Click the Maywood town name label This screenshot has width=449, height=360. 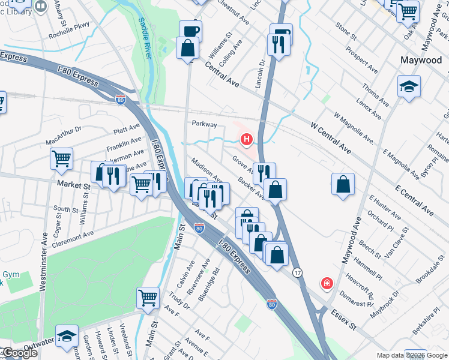[x=421, y=61]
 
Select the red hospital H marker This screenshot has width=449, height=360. [x=246, y=140]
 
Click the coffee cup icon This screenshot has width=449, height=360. [x=190, y=31]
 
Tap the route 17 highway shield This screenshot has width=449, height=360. [x=298, y=272]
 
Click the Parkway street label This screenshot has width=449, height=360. [x=203, y=123]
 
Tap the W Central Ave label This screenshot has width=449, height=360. [x=330, y=136]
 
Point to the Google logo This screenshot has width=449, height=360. [x=19, y=353]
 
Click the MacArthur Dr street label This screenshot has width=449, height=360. [x=63, y=136]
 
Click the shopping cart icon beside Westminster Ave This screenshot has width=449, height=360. [x=61, y=159]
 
